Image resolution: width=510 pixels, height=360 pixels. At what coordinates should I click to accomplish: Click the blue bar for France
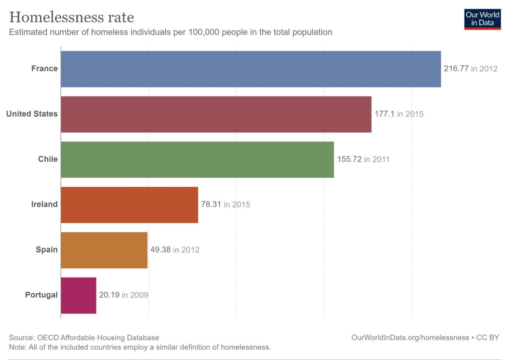tap(251, 69)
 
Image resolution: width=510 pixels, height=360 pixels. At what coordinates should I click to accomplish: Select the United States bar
tap(216, 114)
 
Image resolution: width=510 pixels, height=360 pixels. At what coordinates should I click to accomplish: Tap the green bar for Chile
tap(197, 159)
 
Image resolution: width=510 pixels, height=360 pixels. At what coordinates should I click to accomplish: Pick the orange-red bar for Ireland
tap(129, 205)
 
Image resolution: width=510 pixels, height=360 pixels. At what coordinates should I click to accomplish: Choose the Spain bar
tap(104, 250)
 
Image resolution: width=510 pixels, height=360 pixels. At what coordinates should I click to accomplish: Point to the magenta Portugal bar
tap(79, 295)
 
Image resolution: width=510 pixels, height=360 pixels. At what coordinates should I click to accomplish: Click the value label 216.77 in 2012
tap(471, 69)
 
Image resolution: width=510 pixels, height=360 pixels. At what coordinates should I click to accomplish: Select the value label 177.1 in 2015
tap(399, 114)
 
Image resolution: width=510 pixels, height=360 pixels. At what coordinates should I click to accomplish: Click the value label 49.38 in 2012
tap(175, 250)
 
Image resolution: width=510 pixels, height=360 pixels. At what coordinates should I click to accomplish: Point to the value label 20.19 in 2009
tap(124, 295)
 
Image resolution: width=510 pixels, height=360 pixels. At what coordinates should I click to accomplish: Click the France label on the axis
tap(44, 69)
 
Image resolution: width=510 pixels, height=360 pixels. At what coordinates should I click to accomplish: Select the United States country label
tap(32, 114)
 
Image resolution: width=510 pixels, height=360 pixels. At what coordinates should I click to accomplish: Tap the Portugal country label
tap(41, 295)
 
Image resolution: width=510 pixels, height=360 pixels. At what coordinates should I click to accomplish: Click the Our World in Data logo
tap(482, 18)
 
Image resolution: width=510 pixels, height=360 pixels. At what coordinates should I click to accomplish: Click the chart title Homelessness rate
tap(72, 17)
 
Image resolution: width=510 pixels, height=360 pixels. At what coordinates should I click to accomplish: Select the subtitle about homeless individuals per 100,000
tap(170, 32)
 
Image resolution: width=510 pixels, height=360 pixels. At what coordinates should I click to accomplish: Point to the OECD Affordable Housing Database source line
tap(84, 338)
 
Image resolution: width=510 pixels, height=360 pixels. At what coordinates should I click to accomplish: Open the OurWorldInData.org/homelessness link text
tap(410, 338)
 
